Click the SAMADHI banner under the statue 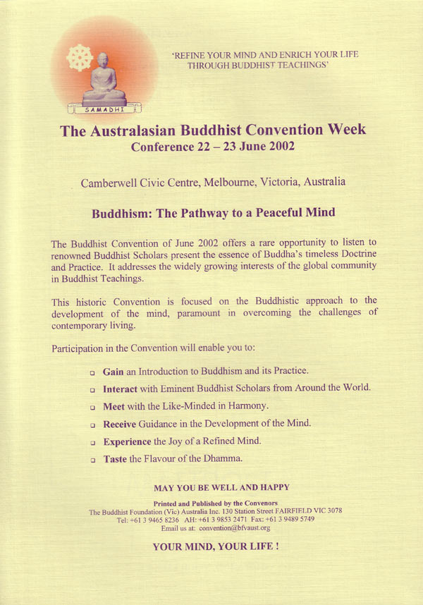104,109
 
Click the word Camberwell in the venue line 107,182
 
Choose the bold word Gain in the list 114,371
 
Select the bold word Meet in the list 114,406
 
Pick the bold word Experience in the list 127,441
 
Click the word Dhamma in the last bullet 224,459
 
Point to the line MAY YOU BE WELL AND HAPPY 221,487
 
